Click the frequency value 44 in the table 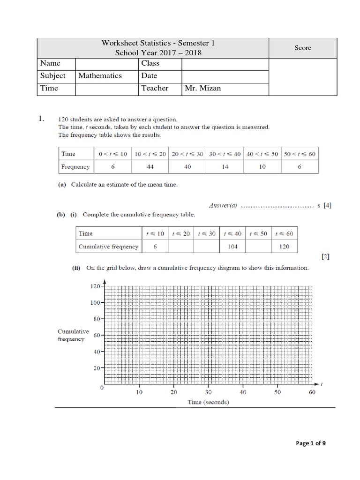click(x=150, y=167)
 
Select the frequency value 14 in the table click(x=225, y=167)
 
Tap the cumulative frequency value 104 click(x=232, y=246)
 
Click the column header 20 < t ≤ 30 click(x=187, y=154)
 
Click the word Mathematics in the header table click(x=100, y=75)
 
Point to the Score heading click(x=302, y=48)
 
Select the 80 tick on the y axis click(x=96, y=319)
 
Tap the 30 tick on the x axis click(x=208, y=392)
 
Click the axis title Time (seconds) click(x=208, y=402)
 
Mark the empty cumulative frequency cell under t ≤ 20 click(x=180, y=246)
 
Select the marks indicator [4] click(x=327, y=205)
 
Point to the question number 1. click(x=42, y=119)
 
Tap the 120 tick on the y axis click(x=95, y=286)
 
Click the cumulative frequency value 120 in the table click(x=285, y=246)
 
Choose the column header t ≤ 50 click(x=258, y=233)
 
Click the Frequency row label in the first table click(x=75, y=167)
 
